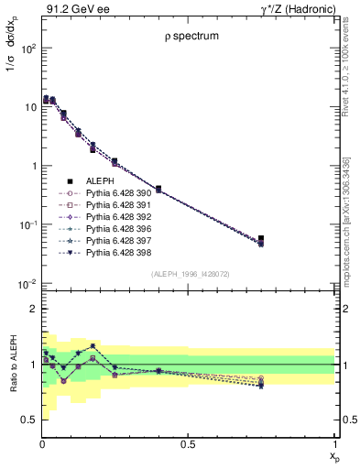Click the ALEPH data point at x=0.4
[158, 189]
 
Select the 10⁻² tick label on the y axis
[27, 284]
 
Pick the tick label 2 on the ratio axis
[31, 310]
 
